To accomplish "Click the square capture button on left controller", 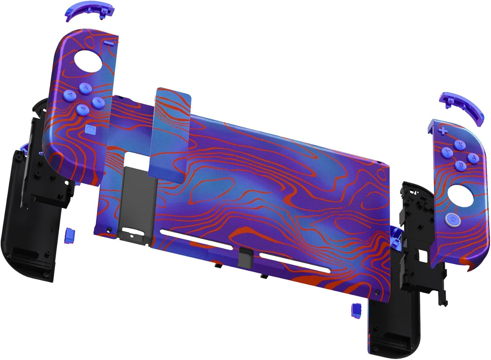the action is pos(90,129).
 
